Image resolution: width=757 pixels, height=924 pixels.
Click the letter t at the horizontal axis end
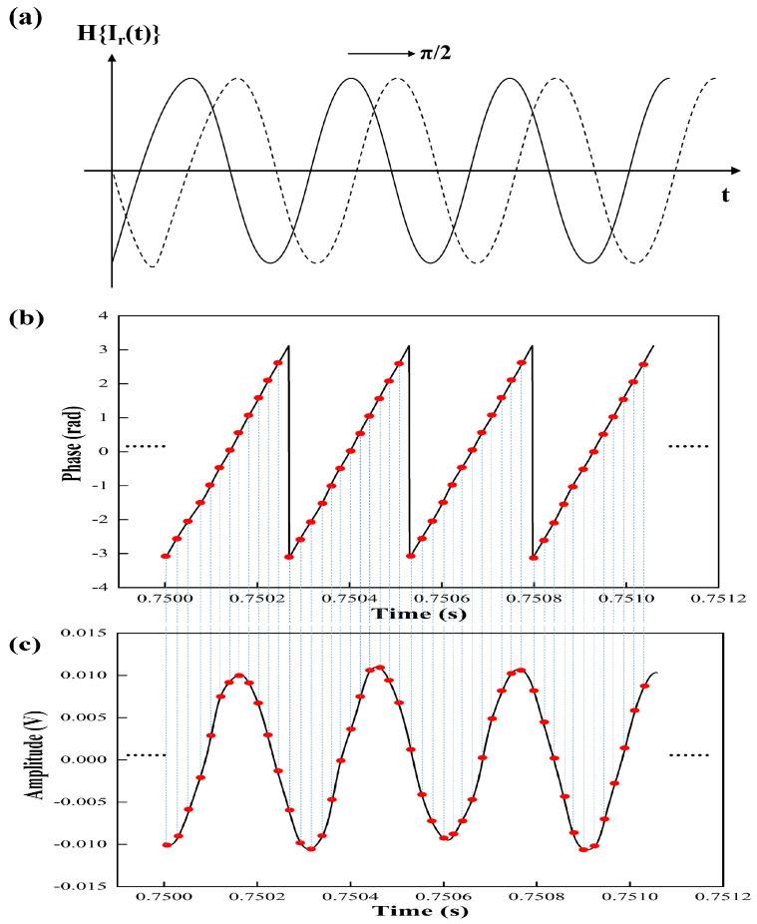[x=725, y=196]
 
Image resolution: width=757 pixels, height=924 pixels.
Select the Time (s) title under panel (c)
[x=414, y=910]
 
